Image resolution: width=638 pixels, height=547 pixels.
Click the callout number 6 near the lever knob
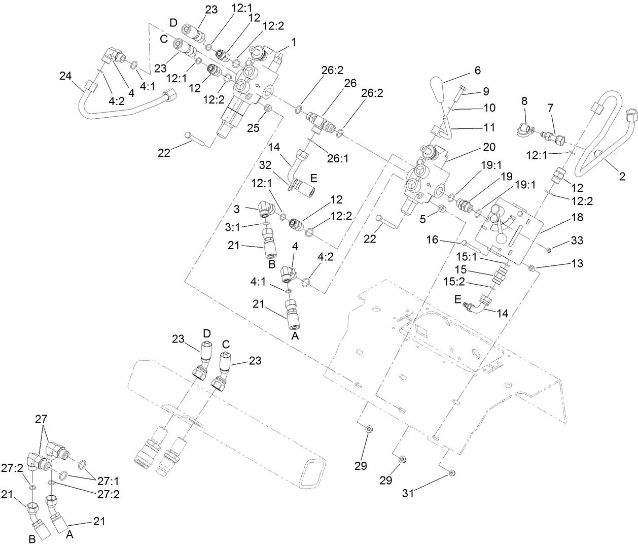point(478,71)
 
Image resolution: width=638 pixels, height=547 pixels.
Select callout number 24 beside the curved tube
point(65,76)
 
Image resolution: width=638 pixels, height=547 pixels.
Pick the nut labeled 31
point(452,473)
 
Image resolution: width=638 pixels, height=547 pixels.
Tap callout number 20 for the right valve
point(489,147)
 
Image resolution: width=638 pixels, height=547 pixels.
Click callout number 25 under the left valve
point(253,128)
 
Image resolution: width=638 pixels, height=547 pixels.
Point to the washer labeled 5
point(440,209)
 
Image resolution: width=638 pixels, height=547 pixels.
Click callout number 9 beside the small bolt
point(485,91)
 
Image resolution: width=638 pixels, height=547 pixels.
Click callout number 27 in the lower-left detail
point(41,419)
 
